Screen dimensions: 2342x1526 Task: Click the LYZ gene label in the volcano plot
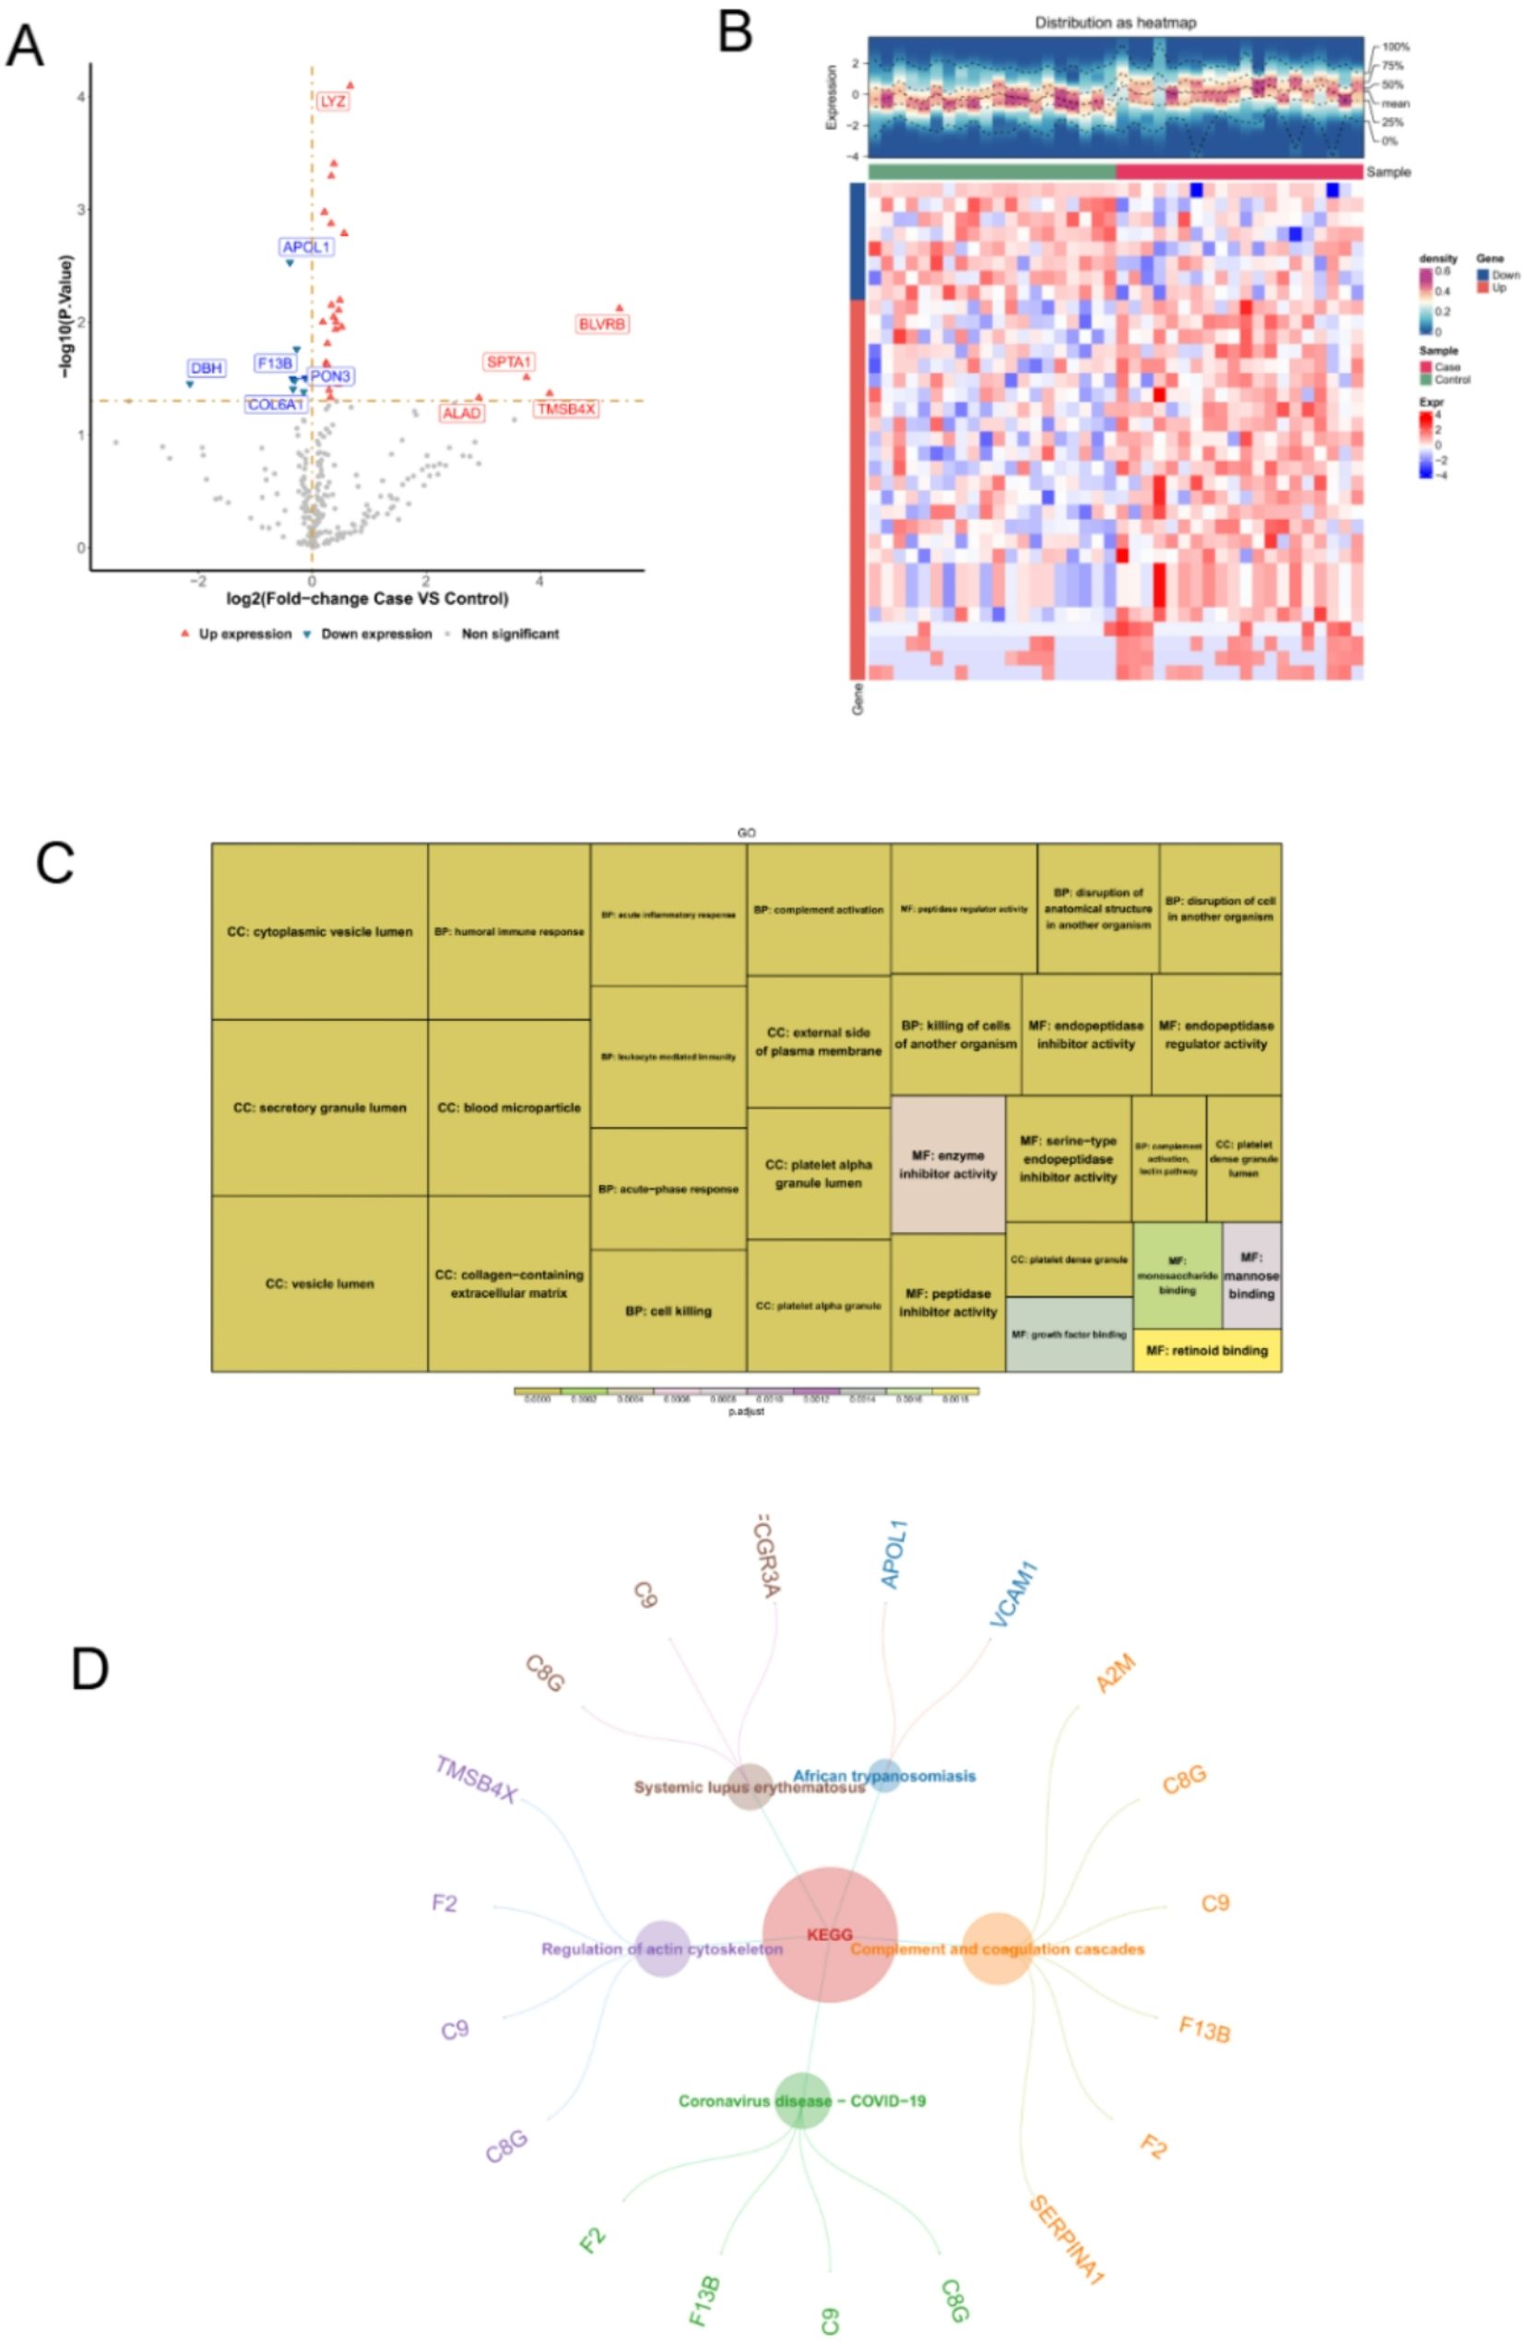[333, 101]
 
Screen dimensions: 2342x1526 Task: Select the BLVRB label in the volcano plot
[601, 324]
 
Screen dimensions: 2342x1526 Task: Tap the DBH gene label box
[207, 368]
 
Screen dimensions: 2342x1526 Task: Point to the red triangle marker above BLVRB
[619, 308]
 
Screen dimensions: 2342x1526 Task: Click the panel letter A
[25, 46]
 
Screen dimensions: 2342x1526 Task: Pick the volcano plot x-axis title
[367, 598]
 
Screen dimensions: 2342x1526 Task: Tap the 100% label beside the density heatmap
[1395, 46]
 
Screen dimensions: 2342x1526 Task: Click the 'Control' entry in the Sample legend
[1451, 379]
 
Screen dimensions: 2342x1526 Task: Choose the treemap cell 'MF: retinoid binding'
[1206, 1350]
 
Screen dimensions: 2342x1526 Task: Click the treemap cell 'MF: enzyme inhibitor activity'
[948, 1165]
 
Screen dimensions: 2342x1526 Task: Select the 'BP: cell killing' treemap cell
[668, 1311]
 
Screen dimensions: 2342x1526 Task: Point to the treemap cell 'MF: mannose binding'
[1250, 1275]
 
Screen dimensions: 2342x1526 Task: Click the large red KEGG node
[830, 1934]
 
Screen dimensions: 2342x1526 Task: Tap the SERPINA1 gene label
[1067, 2240]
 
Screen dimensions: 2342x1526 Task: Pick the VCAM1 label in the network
[1013, 1594]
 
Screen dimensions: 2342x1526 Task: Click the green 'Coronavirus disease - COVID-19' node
[803, 2101]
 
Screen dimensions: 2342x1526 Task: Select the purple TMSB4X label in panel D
[476, 1780]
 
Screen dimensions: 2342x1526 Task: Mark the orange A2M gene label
[1116, 1674]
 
